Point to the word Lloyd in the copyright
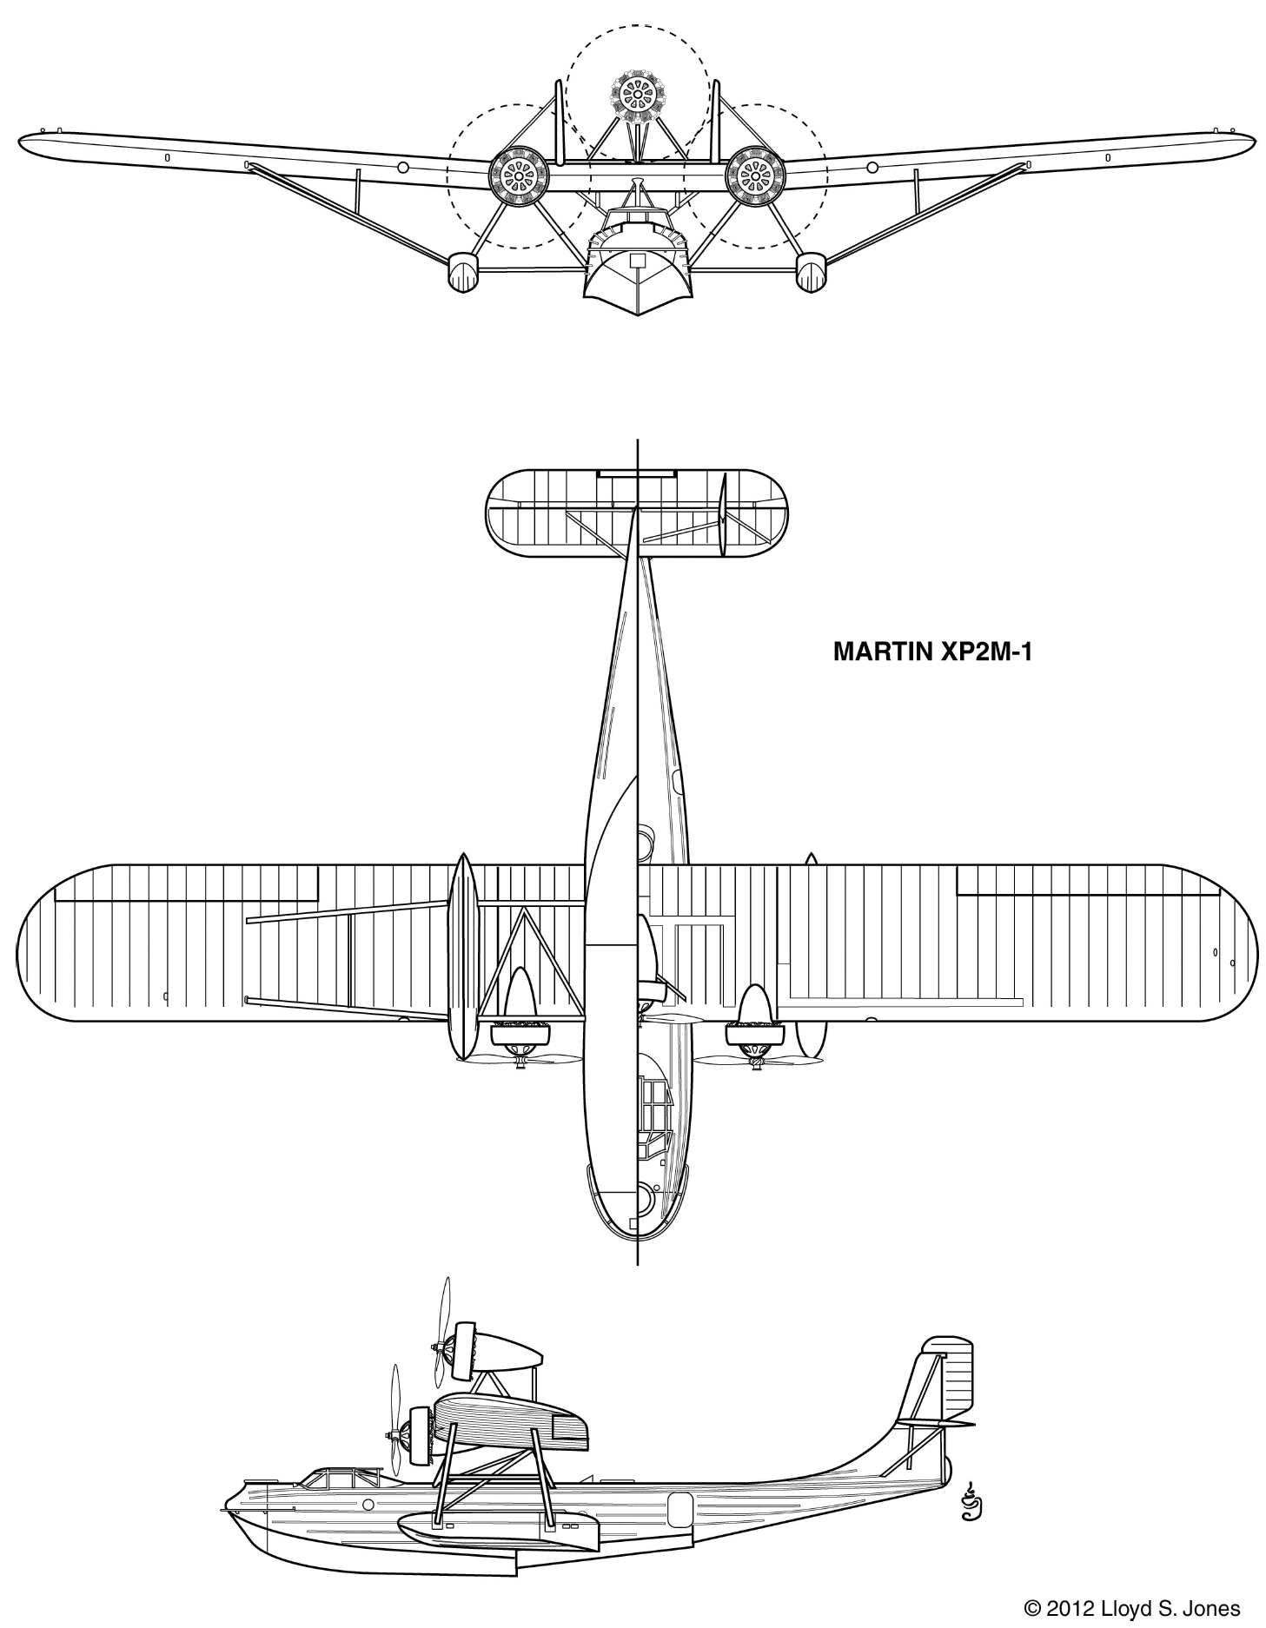tap(1120, 1610)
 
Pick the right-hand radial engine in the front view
tap(756, 177)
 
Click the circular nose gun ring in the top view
tap(643, 1200)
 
